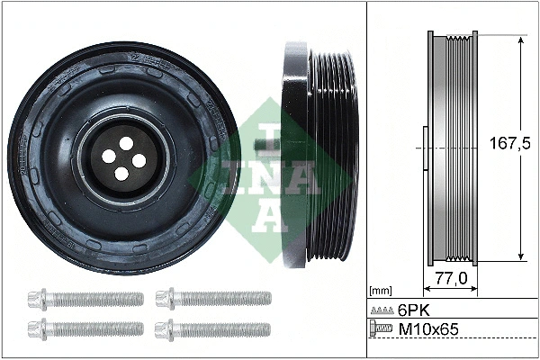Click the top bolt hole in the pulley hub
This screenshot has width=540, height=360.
[x=122, y=141]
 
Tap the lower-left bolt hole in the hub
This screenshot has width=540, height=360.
[x=108, y=157]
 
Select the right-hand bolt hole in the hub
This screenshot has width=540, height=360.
[x=139, y=160]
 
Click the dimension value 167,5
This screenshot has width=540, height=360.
[x=504, y=144]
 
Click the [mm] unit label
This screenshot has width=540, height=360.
[x=382, y=291]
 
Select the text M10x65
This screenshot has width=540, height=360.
[x=428, y=330]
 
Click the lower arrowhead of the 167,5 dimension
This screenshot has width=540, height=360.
[x=520, y=258]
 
